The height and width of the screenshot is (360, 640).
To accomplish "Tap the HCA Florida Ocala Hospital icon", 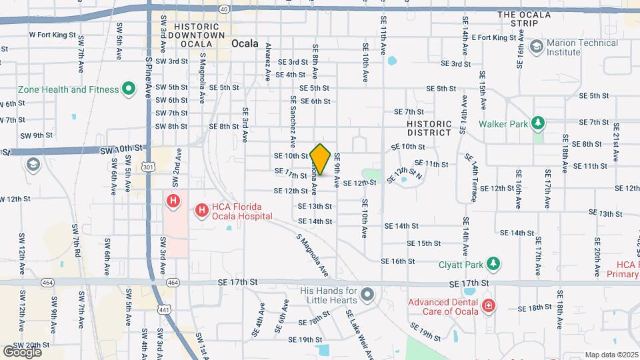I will click(x=201, y=211).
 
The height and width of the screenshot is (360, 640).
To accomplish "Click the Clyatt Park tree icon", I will click(x=493, y=263).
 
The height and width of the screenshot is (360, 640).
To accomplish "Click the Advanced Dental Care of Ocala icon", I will click(x=489, y=306).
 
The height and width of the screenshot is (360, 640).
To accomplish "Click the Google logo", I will click(x=22, y=351).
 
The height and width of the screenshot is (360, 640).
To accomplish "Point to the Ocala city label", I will click(x=245, y=43).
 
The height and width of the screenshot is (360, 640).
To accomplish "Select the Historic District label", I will click(x=429, y=128).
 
